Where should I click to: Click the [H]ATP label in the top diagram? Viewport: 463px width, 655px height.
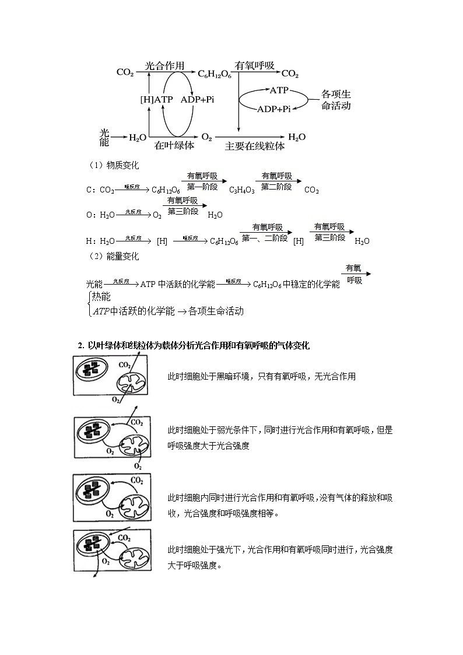156,100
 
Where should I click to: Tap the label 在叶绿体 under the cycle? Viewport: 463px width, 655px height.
174,145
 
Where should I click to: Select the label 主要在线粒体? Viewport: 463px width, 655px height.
255,146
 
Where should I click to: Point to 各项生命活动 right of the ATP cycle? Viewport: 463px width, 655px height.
336,100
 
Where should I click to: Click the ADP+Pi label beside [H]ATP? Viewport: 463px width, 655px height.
197,100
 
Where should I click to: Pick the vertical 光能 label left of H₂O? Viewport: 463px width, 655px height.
104,137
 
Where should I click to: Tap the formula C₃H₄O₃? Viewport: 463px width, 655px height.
241,190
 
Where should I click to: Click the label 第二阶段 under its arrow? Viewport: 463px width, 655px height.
276,187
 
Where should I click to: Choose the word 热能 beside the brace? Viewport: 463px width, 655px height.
101,297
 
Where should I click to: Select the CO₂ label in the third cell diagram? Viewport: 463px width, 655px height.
137,480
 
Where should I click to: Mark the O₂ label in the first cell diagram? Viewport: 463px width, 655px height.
116,400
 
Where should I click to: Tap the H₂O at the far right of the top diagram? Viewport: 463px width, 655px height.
297,137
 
